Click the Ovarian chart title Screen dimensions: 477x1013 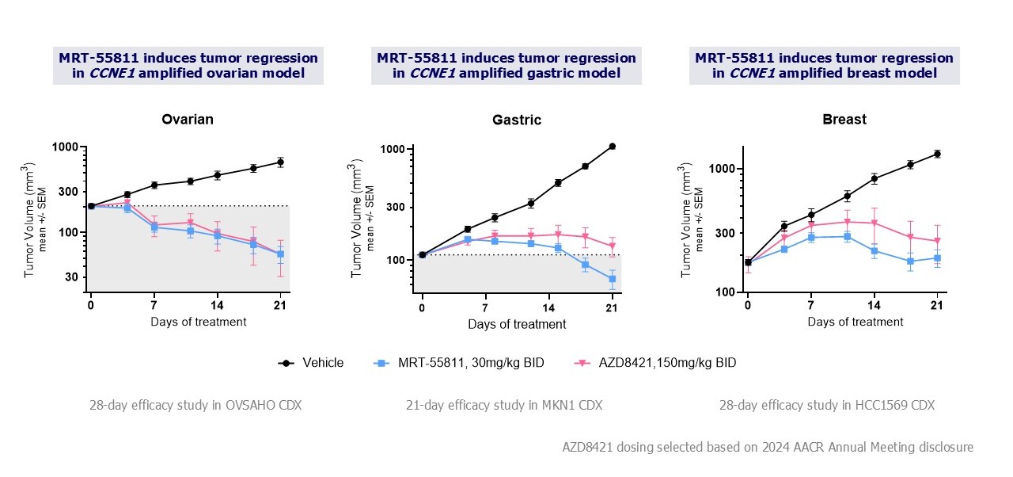click(x=188, y=120)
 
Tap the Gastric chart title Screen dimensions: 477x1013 click(x=517, y=120)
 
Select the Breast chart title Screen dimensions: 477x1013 click(x=844, y=120)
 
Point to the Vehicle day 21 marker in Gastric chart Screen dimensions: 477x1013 click(x=612, y=146)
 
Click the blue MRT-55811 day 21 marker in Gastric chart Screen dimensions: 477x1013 click(x=612, y=279)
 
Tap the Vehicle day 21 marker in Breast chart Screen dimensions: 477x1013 click(x=937, y=154)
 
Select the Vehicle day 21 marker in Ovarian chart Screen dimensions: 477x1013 click(x=280, y=162)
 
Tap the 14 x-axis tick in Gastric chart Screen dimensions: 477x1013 click(x=548, y=308)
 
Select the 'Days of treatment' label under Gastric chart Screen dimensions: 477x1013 click(x=517, y=324)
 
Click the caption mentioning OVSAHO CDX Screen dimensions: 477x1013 click(x=195, y=405)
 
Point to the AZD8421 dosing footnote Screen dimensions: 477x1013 click(x=763, y=447)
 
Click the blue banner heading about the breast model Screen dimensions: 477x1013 click(x=824, y=66)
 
